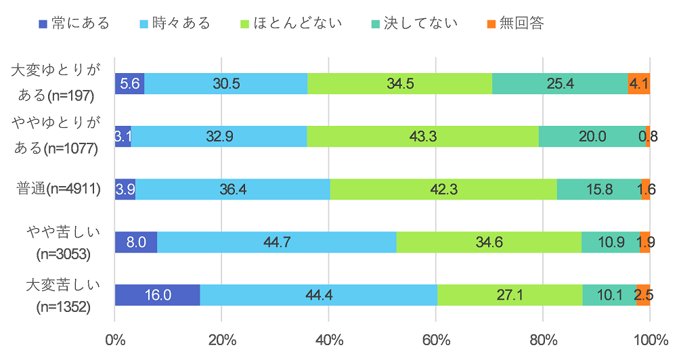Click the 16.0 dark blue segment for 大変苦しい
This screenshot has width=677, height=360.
(x=157, y=295)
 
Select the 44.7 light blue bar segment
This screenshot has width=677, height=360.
(x=276, y=242)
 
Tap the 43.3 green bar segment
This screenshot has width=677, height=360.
(x=422, y=136)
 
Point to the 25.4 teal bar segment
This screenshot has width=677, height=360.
(x=560, y=83)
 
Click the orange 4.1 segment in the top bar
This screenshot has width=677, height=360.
(x=639, y=83)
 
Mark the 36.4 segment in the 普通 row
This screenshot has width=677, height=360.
(x=232, y=189)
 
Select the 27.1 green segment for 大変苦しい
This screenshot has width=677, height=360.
(x=509, y=295)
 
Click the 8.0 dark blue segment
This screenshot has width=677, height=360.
(x=135, y=242)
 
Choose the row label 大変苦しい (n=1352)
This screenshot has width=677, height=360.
(x=63, y=295)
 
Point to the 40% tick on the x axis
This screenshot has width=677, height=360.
(x=328, y=338)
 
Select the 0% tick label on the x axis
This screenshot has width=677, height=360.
(x=115, y=338)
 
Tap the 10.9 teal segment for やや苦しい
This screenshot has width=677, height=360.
(x=611, y=242)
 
